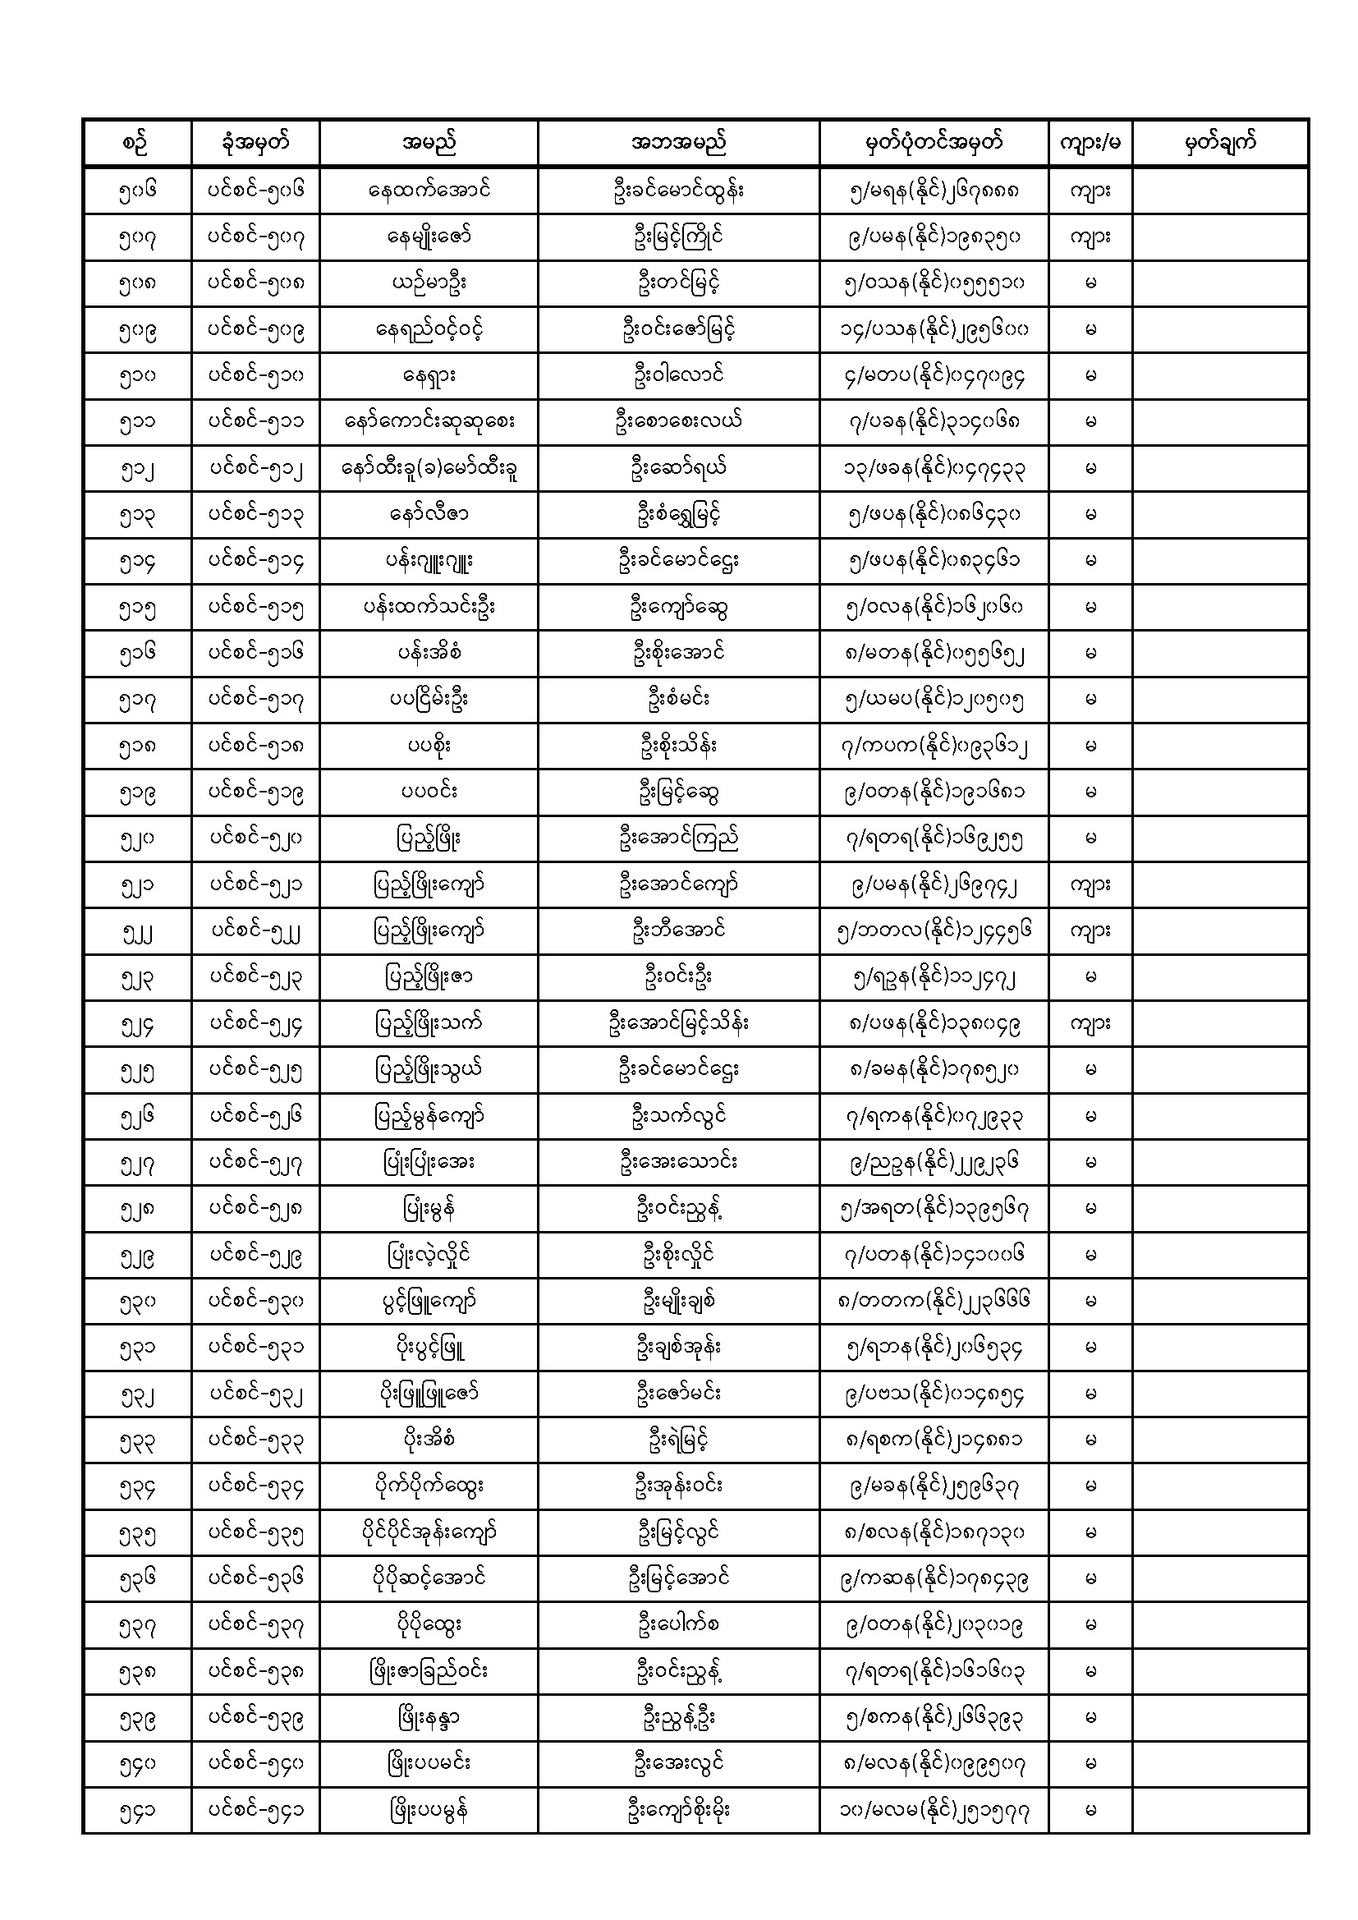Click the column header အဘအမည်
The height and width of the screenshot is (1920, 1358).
pos(678,143)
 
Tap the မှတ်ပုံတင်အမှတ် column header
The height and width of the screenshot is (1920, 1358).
pos(934,143)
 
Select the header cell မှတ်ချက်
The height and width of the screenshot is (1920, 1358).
pos(1220,143)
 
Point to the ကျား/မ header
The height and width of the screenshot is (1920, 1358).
pos(1090,143)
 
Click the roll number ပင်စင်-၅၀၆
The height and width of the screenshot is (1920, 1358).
pos(255,190)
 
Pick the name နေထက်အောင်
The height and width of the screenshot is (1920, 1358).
pos(428,190)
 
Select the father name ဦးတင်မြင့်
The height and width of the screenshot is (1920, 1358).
pos(678,282)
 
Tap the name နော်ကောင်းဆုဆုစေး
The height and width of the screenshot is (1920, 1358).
pos(428,421)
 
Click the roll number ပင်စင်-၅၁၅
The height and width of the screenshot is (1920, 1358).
pos(255,607)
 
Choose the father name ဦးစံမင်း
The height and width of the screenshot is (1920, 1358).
pos(678,699)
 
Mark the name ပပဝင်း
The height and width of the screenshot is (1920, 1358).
pos(428,792)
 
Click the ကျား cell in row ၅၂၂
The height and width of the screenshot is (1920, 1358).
pos(1090,930)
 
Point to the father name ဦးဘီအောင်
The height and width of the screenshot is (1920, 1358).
pos(678,930)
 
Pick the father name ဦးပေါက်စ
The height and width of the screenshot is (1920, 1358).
pos(678,1625)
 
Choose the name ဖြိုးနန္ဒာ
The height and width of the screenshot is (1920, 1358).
pos(428,1718)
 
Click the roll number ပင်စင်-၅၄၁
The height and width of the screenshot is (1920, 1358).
pos(255,1811)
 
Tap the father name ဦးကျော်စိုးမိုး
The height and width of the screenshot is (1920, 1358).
pos(678,1811)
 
